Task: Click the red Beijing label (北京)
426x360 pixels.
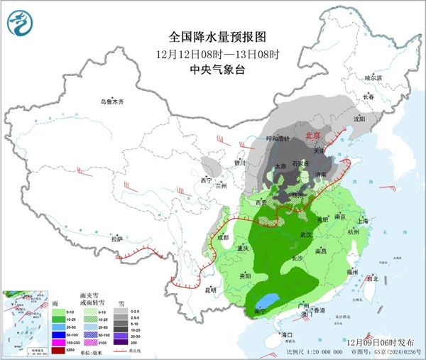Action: [x=312, y=135]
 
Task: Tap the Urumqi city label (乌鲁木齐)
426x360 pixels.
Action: [x=111, y=102]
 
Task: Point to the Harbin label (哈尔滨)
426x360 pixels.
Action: [x=373, y=77]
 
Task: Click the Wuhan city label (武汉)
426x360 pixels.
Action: [x=307, y=234]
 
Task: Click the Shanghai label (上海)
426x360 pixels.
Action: [x=365, y=220]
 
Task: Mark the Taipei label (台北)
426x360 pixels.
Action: [x=371, y=279]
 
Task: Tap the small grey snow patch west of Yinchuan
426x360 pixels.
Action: [x=211, y=168]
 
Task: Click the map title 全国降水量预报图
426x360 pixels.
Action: [x=212, y=36]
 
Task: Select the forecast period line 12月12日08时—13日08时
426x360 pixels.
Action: [x=212, y=53]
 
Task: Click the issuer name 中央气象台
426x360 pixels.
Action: [x=212, y=70]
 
